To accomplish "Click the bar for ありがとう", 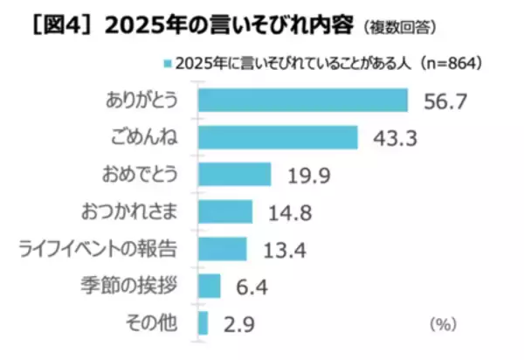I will tap(303, 100).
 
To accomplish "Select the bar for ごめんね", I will tap(278, 137).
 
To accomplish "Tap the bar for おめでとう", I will tap(235, 174).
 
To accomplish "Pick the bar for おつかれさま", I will tap(225, 211).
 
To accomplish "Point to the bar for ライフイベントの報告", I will tap(223, 249).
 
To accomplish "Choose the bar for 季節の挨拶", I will tap(210, 287).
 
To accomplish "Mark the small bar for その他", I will tap(203, 323).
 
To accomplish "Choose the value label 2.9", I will tap(237, 324).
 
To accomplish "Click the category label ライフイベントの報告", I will tap(99, 249).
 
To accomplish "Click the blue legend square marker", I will tap(166, 63).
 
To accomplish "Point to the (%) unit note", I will tap(444, 324).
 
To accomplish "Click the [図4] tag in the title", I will tap(52, 25).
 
